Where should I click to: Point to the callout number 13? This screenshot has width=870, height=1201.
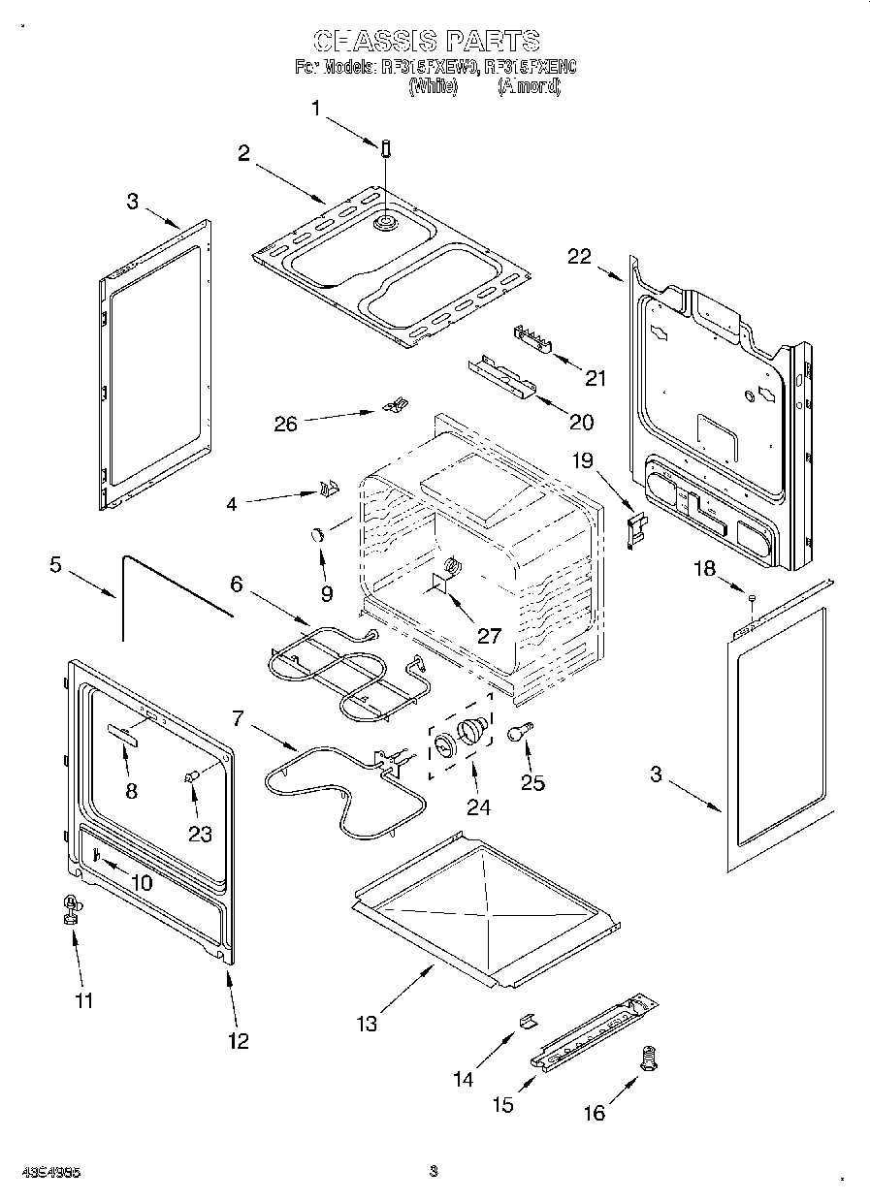pyautogui.click(x=367, y=1023)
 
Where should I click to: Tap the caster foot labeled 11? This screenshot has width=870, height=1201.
pyautogui.click(x=70, y=907)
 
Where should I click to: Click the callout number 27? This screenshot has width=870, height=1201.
pyautogui.click(x=488, y=636)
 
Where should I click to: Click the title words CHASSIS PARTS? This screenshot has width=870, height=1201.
pyautogui.click(x=427, y=41)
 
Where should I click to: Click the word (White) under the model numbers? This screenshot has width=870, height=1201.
pyautogui.click(x=433, y=86)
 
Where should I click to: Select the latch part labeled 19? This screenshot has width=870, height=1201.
pyautogui.click(x=635, y=529)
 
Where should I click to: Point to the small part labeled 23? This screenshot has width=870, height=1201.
pyautogui.click(x=192, y=774)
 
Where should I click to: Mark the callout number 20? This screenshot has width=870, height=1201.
pyautogui.click(x=581, y=421)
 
